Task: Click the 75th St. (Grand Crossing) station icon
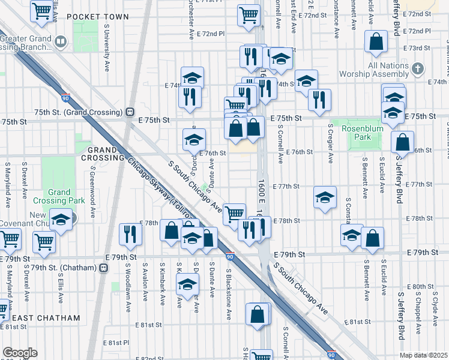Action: coord(128,112)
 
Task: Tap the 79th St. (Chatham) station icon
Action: coord(103,267)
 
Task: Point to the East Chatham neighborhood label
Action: coord(46,317)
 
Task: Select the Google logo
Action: coord(20,352)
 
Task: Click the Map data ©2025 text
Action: coord(423,355)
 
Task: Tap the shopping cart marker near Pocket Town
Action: coord(41,10)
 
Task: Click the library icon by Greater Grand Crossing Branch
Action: coord(60,41)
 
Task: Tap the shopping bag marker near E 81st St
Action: coord(258,314)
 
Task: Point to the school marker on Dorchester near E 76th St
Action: coord(194,140)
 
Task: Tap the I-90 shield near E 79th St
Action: coord(230,257)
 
